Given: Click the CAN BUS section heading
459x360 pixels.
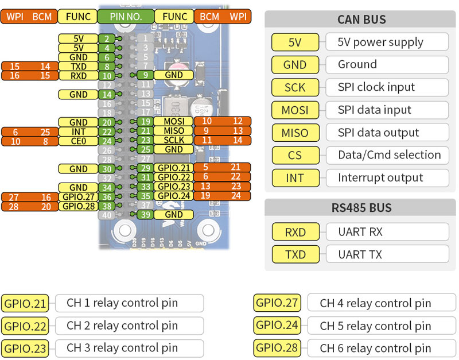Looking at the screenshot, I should (361, 20).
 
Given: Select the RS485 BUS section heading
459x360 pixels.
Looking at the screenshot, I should (361, 207).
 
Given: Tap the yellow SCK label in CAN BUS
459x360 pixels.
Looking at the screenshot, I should (295, 87).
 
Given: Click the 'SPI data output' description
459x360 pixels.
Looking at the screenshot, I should (386, 133).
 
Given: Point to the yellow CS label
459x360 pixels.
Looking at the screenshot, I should (295, 155).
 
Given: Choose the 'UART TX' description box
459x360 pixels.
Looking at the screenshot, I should (386, 254).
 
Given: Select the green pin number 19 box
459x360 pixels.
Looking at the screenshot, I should (146, 122).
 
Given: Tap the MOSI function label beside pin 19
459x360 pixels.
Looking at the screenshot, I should (174, 122).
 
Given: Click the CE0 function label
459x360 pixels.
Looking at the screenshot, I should (78, 141).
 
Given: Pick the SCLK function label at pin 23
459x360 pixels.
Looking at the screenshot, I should (174, 140).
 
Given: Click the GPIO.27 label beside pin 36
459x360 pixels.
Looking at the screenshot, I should (78, 197).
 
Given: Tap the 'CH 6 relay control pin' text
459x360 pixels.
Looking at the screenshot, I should (375, 348).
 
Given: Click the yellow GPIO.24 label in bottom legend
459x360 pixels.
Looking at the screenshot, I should (277, 326).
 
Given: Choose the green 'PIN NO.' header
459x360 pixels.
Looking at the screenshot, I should (126, 17).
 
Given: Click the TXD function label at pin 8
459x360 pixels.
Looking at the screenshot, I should (78, 67).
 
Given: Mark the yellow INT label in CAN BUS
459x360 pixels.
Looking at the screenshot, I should (295, 178).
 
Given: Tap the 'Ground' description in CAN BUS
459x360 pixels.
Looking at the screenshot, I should (386, 65).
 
